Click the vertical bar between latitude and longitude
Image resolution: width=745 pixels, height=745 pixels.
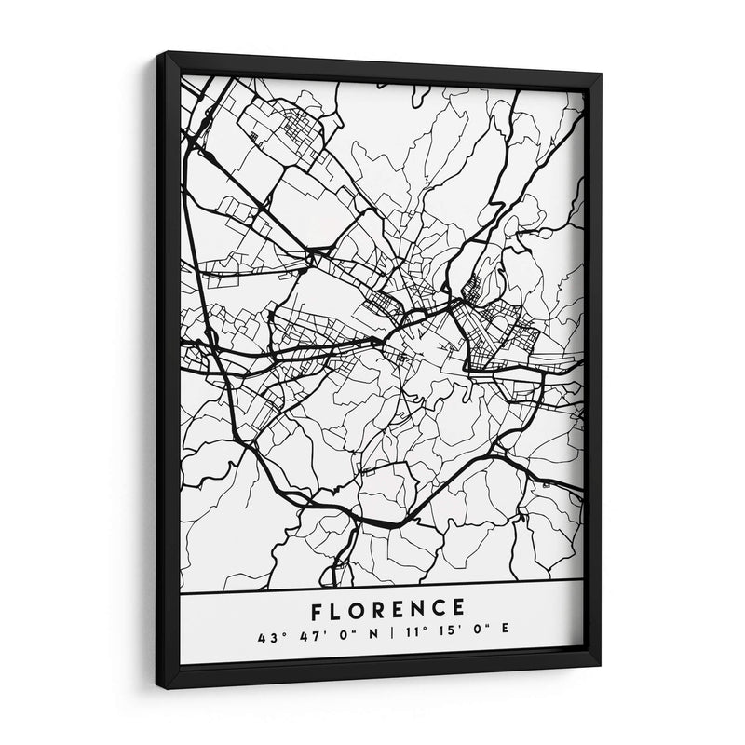pyautogui.click(x=393, y=638)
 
